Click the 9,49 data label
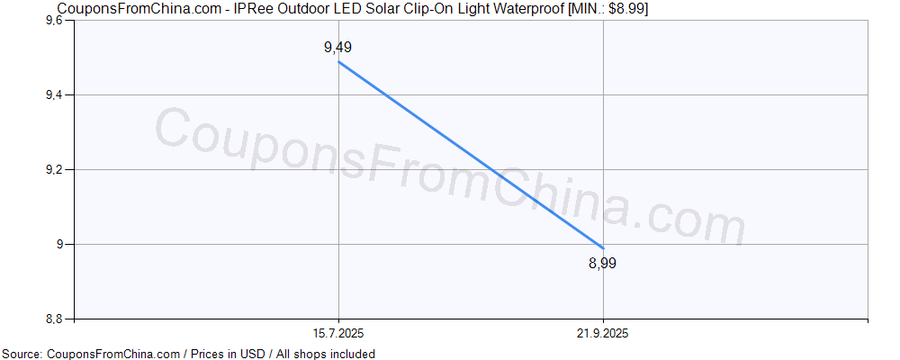point(337,48)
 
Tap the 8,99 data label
point(603,263)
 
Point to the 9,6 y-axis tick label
point(53,20)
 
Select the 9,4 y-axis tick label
point(53,94)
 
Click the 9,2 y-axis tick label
point(53,169)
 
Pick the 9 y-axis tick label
point(60,244)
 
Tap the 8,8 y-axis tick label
point(53,319)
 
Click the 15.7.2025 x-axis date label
point(338,333)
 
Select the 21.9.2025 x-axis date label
point(603,333)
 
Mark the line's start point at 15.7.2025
point(338,61)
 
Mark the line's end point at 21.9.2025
point(603,247)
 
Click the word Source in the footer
point(22,354)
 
